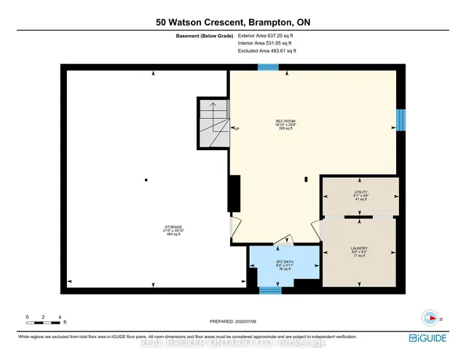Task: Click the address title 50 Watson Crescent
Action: coord(233,23)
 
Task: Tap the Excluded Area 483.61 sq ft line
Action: coord(267,51)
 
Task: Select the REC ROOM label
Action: coord(285,125)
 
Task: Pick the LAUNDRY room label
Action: coord(359,251)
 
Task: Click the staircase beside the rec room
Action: coord(213,122)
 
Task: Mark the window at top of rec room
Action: coord(268,67)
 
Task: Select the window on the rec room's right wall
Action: coord(400,119)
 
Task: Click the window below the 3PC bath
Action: coord(270,291)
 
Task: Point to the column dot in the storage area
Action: coord(146,180)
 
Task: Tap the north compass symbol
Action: coord(430,318)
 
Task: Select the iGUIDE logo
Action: coord(435,338)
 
